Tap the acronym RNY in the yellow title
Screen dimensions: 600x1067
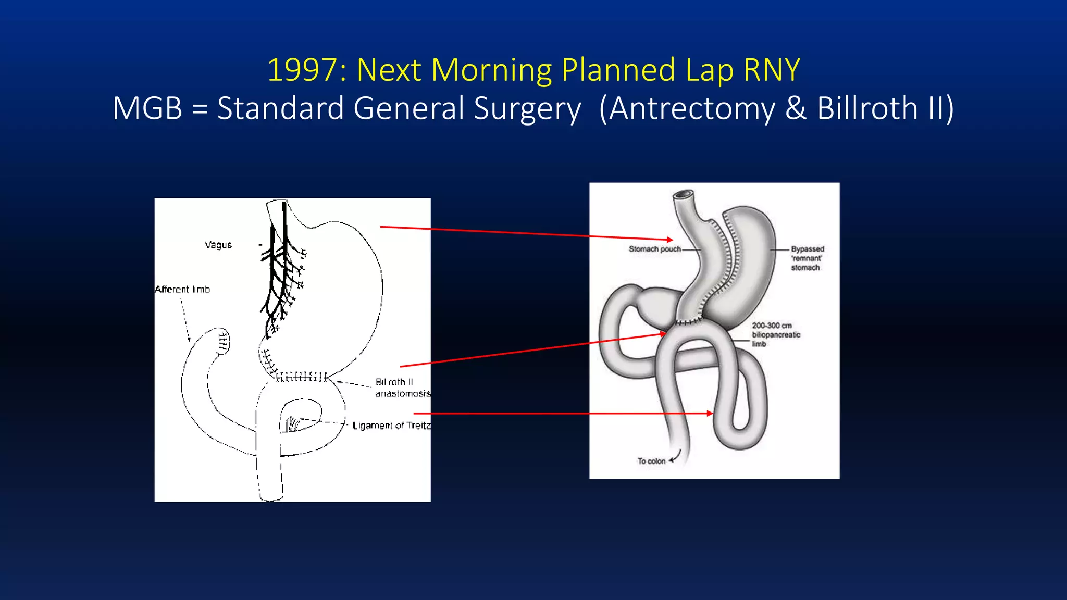click(x=772, y=70)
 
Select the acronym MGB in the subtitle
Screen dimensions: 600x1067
click(x=147, y=108)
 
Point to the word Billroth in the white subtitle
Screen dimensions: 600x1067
click(x=867, y=108)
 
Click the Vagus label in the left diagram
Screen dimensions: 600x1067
click(x=218, y=245)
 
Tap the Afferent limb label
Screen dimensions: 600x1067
click(x=182, y=289)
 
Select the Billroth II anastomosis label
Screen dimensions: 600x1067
click(x=402, y=387)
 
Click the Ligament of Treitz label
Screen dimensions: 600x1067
click(x=391, y=426)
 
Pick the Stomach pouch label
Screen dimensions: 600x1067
click(x=655, y=249)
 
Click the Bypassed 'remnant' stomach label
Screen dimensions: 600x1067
click(x=807, y=258)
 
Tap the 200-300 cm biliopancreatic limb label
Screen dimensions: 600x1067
click(x=776, y=334)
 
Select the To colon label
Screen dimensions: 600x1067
click(x=651, y=461)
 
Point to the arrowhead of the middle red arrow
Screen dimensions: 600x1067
click(x=663, y=333)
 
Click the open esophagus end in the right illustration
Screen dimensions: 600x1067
click(x=683, y=196)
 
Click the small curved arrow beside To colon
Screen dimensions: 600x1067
click(x=676, y=457)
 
